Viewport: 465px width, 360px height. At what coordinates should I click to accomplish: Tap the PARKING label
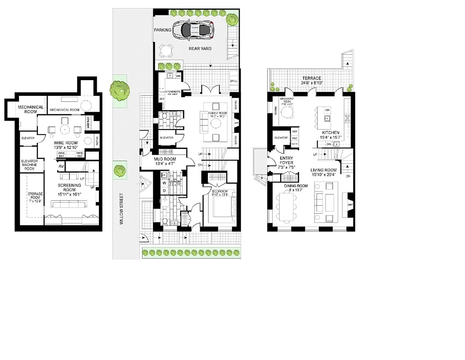[x=163, y=30]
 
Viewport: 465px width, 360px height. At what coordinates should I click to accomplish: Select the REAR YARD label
[x=200, y=49]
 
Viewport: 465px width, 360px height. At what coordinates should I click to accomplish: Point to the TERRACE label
[x=312, y=78]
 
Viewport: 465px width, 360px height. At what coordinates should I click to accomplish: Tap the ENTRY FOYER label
[x=286, y=160]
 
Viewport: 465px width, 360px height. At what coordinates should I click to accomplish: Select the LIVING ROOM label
[x=323, y=170]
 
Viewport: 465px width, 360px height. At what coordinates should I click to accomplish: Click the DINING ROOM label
[x=295, y=186]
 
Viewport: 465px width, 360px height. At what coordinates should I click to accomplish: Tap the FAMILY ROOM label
[x=217, y=113]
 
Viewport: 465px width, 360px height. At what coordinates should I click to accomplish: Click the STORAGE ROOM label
[x=35, y=197]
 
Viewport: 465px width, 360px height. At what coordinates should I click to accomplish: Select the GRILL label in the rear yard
[x=233, y=81]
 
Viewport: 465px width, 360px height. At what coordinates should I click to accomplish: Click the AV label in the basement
[x=61, y=166]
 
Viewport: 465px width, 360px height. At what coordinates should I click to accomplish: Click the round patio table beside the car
[x=166, y=49]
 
